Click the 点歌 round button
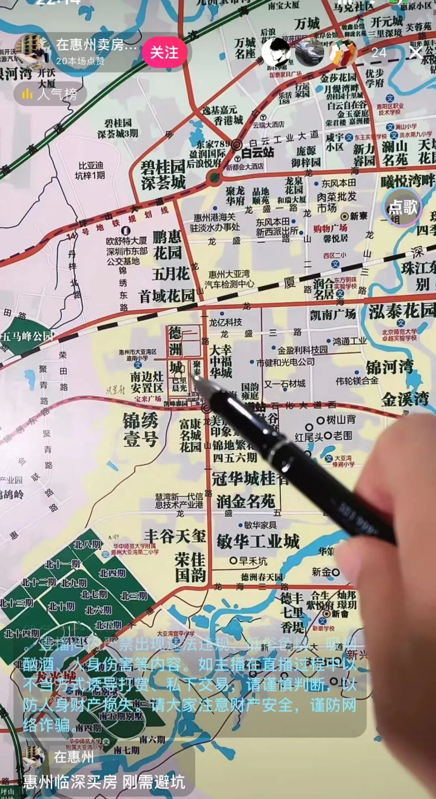pyautogui.click(x=402, y=207)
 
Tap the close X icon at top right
pyautogui.click(x=416, y=53)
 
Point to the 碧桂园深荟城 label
pyautogui.click(x=163, y=174)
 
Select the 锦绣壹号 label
pyautogui.click(x=140, y=430)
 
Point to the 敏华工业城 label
pyautogui.click(x=258, y=541)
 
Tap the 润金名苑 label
pyautogui.click(x=245, y=501)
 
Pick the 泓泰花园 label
pyautogui.click(x=402, y=311)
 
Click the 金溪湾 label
pyautogui.click(x=405, y=399)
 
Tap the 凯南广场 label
pyautogui.click(x=333, y=314)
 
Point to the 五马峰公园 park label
pyautogui.click(x=27, y=336)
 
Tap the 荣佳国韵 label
pyautogui.click(x=190, y=567)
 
